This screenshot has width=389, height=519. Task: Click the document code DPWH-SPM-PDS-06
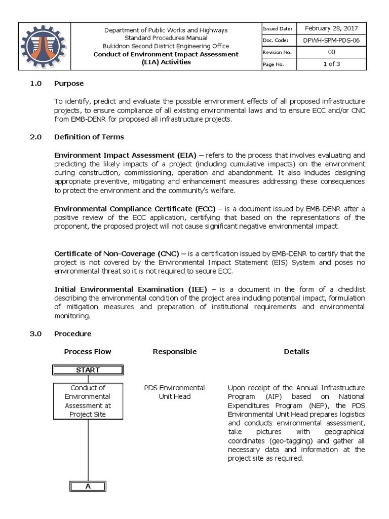(x=331, y=41)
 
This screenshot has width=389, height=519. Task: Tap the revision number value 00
(x=331, y=52)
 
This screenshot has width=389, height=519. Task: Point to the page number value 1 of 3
(x=331, y=64)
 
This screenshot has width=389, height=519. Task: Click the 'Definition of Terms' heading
(x=89, y=137)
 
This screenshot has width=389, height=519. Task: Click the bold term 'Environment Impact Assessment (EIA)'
(x=115, y=155)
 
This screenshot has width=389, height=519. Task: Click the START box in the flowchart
(x=88, y=370)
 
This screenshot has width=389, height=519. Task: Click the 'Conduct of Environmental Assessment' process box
(x=88, y=401)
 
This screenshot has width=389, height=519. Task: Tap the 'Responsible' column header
(x=174, y=351)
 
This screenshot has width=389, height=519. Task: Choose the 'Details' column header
(x=296, y=351)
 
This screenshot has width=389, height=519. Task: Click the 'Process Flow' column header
(x=88, y=351)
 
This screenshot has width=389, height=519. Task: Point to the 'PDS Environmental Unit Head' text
(x=174, y=392)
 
